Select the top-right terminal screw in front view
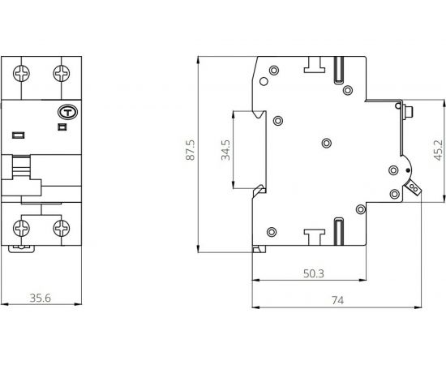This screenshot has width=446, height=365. pyautogui.click(x=62, y=74)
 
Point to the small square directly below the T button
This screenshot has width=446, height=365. pyautogui.click(x=62, y=127)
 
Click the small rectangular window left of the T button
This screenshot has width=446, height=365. pyautogui.click(x=17, y=131)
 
